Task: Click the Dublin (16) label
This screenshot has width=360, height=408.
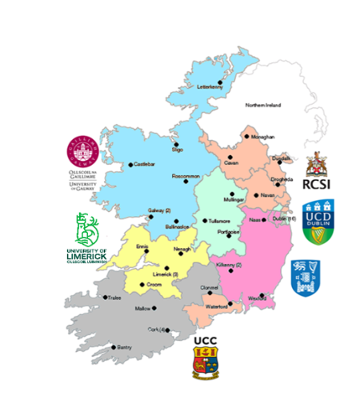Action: click(x=285, y=219)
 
